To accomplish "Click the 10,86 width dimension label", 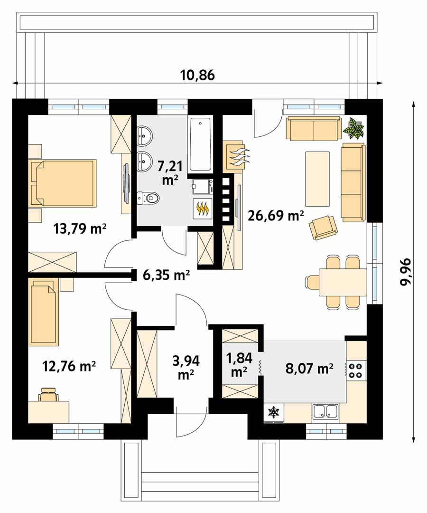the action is click(x=197, y=75).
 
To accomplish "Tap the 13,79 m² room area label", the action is click(x=80, y=228).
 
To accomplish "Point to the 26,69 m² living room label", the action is click(x=276, y=215).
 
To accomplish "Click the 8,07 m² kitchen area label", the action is click(x=309, y=368).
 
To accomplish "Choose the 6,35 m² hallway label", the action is click(x=166, y=275).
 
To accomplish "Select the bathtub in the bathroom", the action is click(x=200, y=144).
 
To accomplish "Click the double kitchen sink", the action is click(x=325, y=411).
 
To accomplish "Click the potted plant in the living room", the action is click(x=353, y=128).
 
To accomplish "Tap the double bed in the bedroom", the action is click(x=63, y=182).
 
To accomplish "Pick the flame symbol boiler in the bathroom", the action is click(x=203, y=209).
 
